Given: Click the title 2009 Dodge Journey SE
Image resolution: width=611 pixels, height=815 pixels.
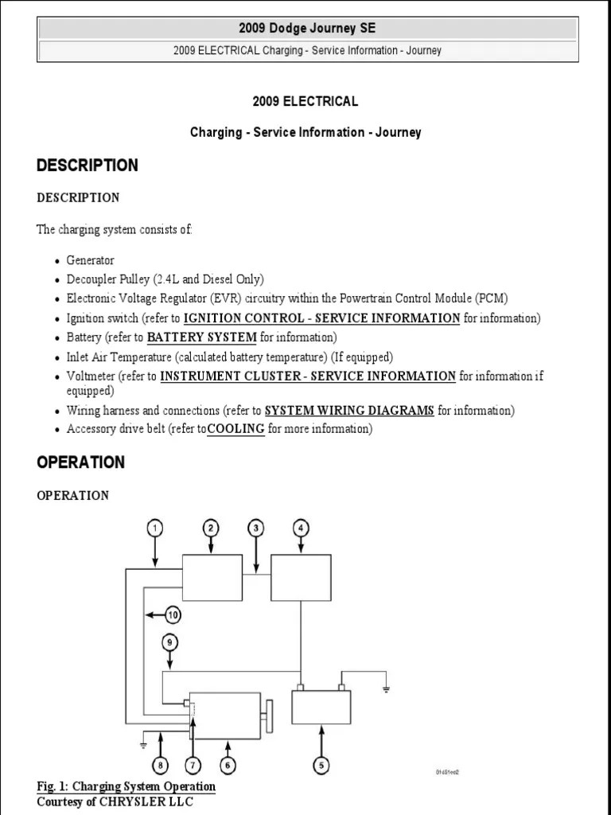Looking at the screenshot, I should point(306,29).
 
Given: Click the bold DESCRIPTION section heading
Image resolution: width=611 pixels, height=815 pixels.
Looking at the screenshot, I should point(88,166).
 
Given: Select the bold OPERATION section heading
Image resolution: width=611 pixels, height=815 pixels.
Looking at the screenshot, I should point(81,462).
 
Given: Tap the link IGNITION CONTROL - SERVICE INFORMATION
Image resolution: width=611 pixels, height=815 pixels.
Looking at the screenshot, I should point(321,318).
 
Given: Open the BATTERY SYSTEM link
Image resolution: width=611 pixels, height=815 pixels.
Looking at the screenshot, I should point(202,337).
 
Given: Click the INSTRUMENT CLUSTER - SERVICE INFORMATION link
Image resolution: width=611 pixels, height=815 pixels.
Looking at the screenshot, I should point(308,376).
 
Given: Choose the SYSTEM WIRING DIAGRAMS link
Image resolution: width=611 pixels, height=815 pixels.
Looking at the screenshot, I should point(349,411).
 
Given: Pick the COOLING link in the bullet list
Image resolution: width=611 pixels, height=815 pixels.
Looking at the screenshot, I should point(235,429).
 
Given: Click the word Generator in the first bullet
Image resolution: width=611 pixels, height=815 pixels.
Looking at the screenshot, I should point(91,260).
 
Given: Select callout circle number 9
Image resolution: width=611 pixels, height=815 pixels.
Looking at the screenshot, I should point(169,641).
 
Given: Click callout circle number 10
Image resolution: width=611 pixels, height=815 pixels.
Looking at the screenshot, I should point(173,614).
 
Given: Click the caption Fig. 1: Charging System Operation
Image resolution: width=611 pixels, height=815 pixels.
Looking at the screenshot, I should point(126,786).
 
